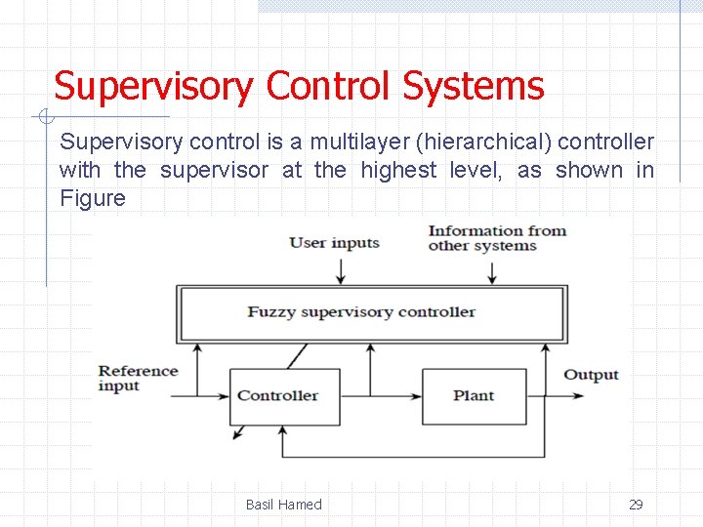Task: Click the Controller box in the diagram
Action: (284, 396)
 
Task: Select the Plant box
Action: (474, 396)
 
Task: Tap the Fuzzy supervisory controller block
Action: (370, 312)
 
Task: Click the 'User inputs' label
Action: (334, 242)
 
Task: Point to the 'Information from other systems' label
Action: (496, 238)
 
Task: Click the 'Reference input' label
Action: (138, 378)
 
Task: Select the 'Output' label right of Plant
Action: (591, 375)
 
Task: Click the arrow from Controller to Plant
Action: (381, 396)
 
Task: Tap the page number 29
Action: (636, 505)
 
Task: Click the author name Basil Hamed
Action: (283, 505)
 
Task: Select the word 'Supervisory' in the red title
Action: (152, 86)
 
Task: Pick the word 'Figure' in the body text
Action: (93, 198)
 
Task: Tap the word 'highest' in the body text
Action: (399, 170)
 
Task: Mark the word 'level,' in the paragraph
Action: (478, 170)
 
